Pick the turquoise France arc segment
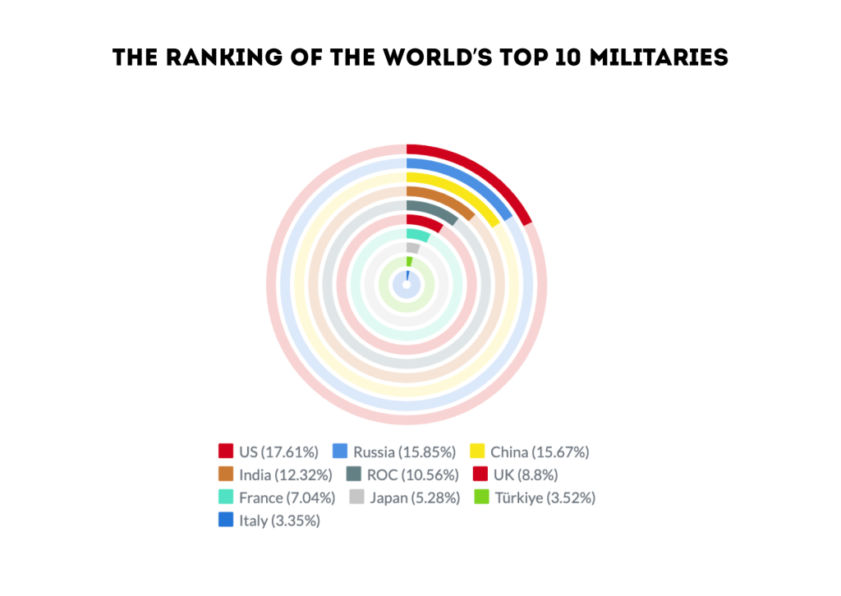(418, 235)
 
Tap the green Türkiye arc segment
(409, 261)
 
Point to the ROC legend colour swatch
(353, 474)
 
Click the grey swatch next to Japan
(356, 497)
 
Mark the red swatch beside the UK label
(480, 474)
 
